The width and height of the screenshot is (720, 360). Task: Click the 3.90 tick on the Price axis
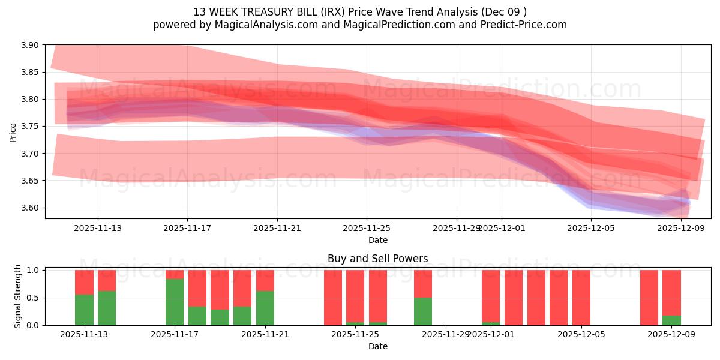tap(30, 45)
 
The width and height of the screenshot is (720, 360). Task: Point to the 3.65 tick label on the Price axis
tap(30, 181)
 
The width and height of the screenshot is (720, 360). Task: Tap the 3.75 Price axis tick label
tap(30, 127)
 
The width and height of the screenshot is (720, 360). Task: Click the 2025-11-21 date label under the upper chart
tap(277, 228)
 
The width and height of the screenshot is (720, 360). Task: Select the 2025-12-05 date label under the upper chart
tap(591, 228)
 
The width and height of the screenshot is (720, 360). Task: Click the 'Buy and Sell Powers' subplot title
tap(377, 259)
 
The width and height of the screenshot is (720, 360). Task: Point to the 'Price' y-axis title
tap(13, 132)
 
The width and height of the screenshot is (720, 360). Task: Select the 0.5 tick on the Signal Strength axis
tap(33, 298)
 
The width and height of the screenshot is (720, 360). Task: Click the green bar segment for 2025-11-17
tap(175, 302)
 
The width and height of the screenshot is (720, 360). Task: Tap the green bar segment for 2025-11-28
tap(423, 311)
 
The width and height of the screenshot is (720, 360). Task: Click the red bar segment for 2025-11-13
tap(84, 282)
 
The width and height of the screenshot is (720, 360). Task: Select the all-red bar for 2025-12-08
tap(649, 298)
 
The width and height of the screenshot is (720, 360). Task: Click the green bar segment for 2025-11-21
tap(265, 308)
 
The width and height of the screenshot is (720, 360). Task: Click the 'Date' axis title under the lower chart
tap(377, 346)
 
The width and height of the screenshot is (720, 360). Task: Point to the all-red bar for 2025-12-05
tap(581, 298)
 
